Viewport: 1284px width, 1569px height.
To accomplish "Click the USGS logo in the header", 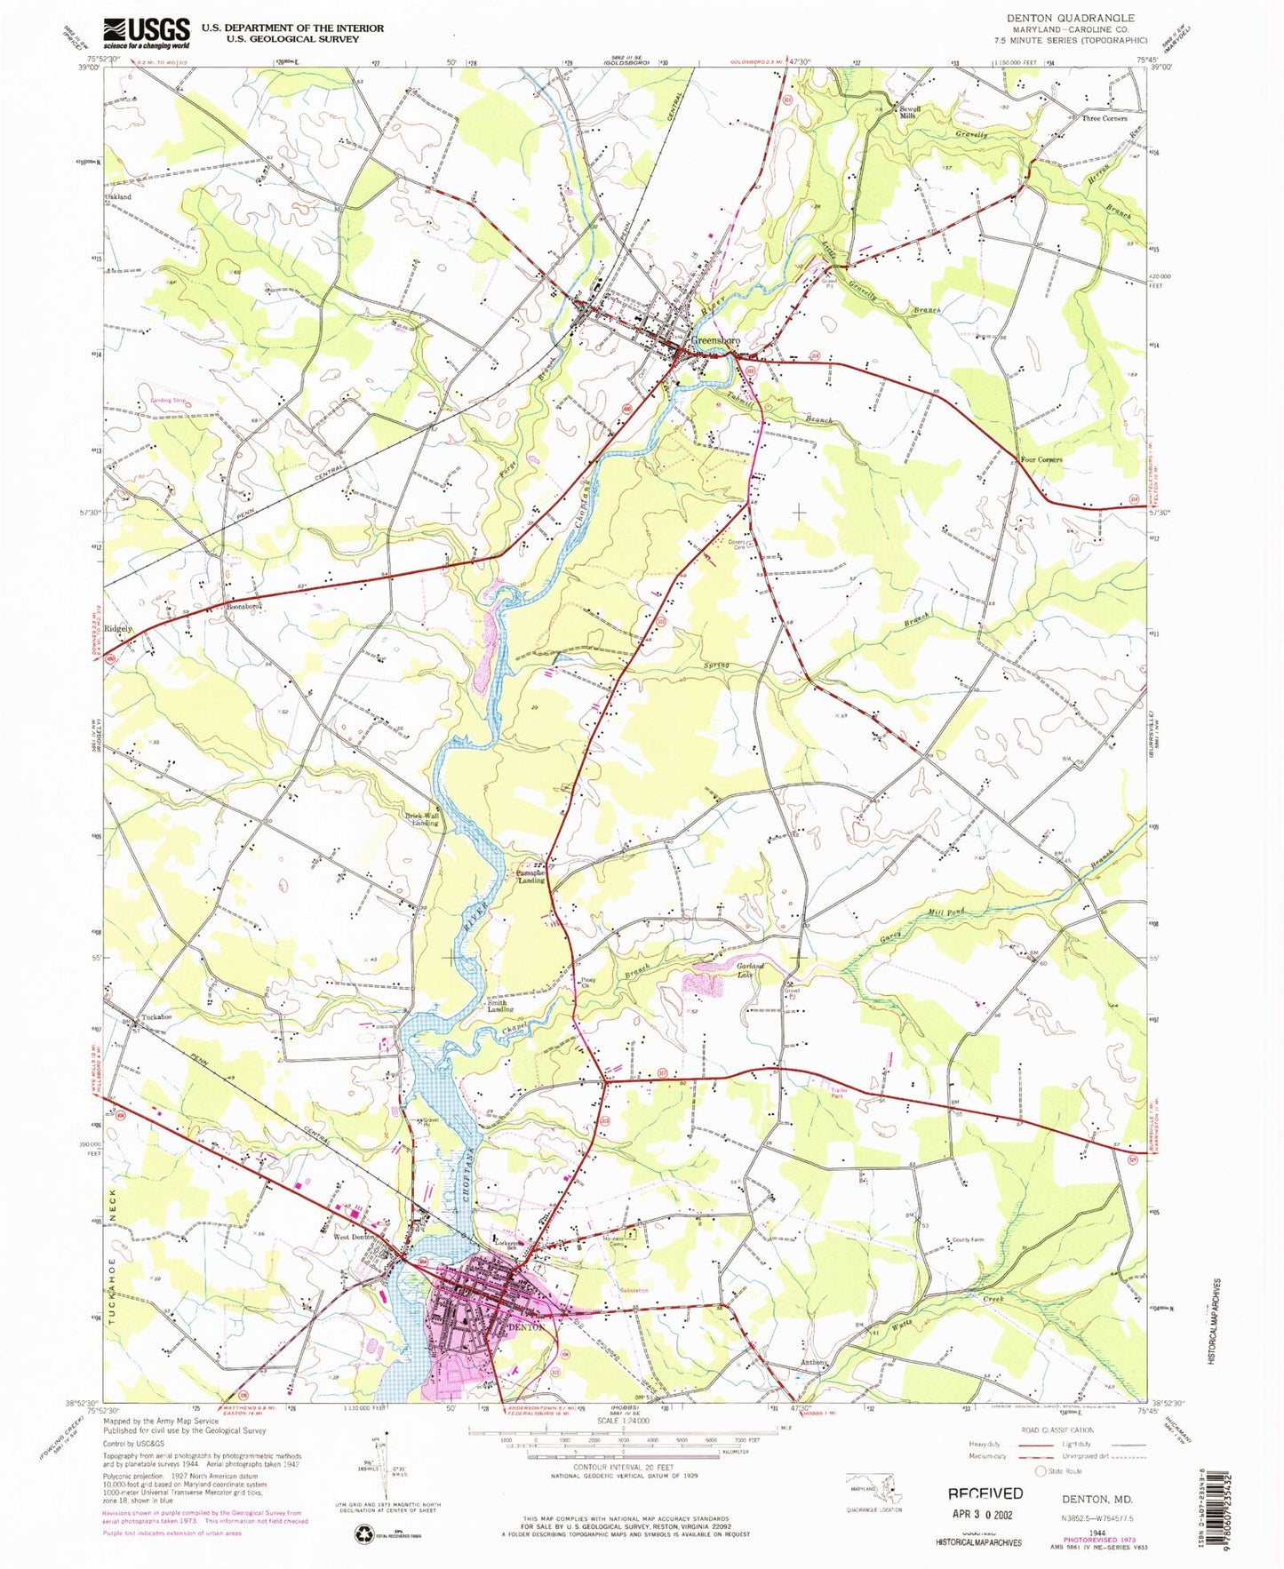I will (x=147, y=32).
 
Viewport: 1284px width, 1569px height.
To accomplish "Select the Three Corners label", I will (x=1104, y=118).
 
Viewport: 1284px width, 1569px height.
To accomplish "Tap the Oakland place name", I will (x=118, y=196).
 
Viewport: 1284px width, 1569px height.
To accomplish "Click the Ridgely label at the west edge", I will (x=118, y=628).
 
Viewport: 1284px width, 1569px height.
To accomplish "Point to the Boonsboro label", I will (x=243, y=607).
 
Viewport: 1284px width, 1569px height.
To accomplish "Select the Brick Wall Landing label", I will (x=423, y=819).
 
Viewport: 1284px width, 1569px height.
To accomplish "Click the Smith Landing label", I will (x=499, y=1007).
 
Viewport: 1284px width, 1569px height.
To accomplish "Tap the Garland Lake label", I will (x=752, y=969).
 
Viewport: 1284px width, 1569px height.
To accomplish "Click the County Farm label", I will (x=969, y=1239).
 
